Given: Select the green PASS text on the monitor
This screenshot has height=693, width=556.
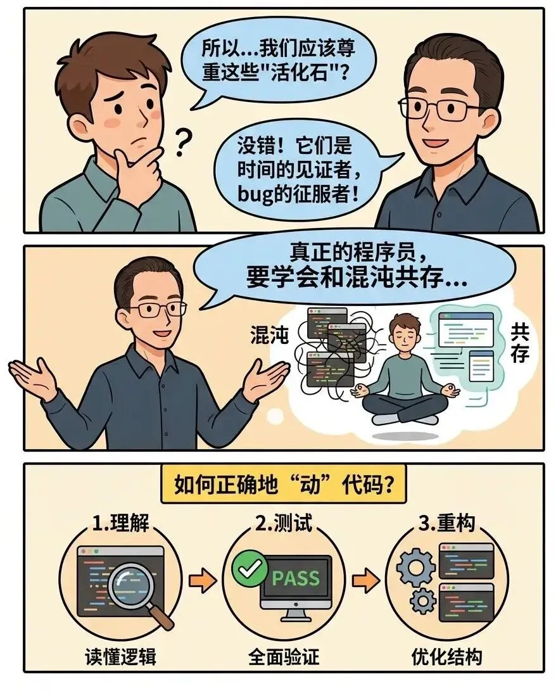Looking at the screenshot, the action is click(296, 578).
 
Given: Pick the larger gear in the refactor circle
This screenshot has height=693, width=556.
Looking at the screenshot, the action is click(416, 567).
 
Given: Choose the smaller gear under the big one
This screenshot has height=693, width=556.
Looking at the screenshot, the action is click(423, 601).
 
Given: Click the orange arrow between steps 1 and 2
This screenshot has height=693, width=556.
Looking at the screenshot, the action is click(203, 580).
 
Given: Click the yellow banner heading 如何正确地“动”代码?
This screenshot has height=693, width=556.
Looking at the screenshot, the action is click(283, 485).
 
